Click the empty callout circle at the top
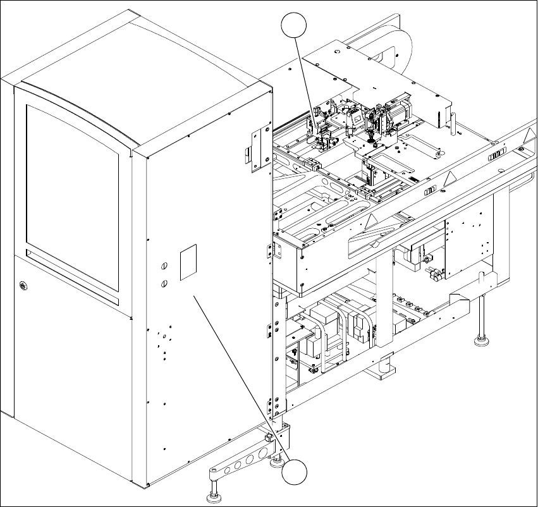[x=295, y=27]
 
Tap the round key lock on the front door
[x=23, y=286]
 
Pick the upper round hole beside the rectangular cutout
[x=164, y=267]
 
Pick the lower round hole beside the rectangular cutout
[x=164, y=283]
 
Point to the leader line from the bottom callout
[x=240, y=379]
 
